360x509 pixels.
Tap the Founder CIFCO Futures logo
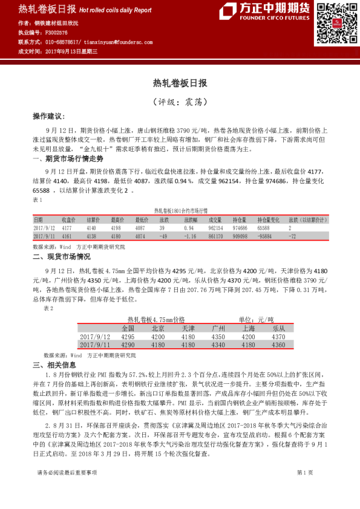click(x=266, y=10)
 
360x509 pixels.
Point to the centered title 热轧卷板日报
click(x=180, y=83)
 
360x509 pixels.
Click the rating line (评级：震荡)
click(x=180, y=102)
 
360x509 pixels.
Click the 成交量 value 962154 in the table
click(x=217, y=229)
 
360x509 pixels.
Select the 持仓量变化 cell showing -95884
click(x=267, y=237)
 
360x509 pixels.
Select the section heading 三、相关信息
click(x=54, y=365)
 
